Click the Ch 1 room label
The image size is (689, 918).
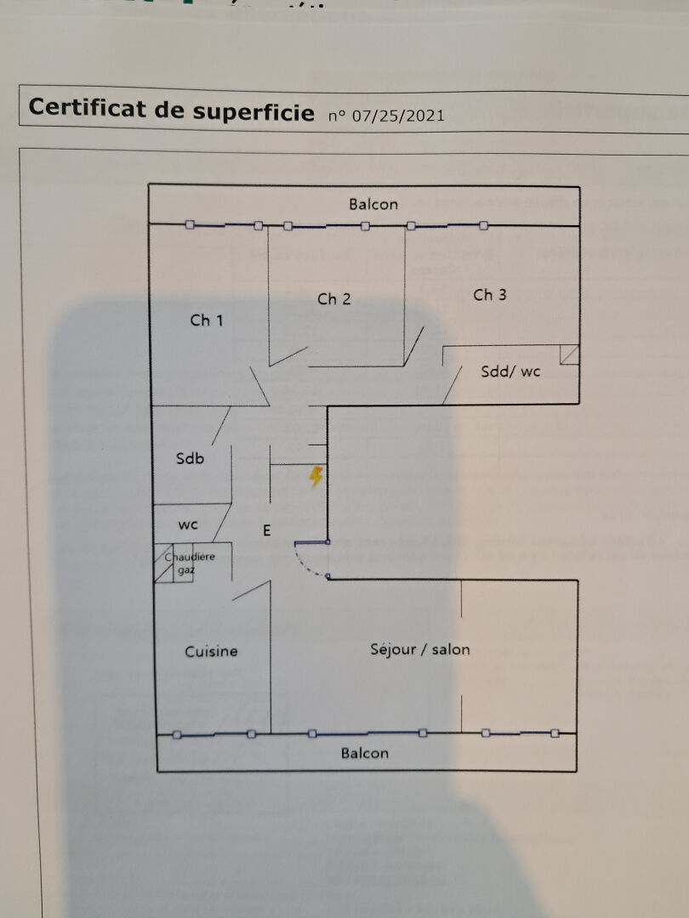click(207, 320)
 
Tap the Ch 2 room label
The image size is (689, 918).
click(334, 298)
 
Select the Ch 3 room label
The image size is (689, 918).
click(490, 295)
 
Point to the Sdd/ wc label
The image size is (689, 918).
click(510, 371)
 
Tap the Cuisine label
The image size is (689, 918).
click(212, 651)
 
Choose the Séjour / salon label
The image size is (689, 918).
click(420, 649)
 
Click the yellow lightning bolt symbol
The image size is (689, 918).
click(316, 477)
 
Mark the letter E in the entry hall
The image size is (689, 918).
click(266, 531)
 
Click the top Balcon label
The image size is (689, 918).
click(373, 204)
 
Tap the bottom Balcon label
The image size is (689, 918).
click(365, 753)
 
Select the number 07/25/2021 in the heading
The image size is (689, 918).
click(398, 115)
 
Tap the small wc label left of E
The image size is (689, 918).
click(188, 524)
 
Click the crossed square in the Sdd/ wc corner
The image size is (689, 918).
click(570, 354)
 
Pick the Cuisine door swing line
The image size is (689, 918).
click(251, 591)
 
